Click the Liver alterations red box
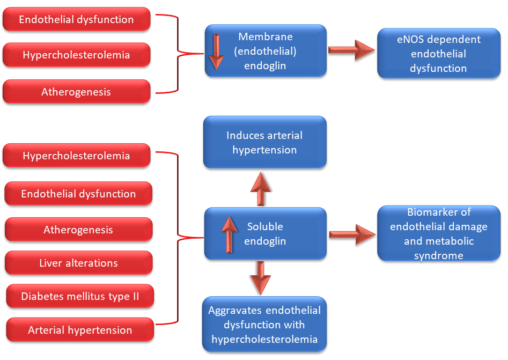[79, 263]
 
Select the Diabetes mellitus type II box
[80, 296]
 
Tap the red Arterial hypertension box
[80, 330]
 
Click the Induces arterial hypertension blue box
[265, 142]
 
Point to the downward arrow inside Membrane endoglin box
[216, 52]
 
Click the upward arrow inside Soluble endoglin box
[230, 234]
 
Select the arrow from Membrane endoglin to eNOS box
[351, 50]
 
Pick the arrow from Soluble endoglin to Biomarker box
[352, 234]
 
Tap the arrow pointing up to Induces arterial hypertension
[261, 189]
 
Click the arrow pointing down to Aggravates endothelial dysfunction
[261, 278]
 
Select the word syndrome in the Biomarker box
[439, 256]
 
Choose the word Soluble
[265, 226]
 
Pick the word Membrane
[266, 36]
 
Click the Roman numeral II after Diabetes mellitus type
[136, 296]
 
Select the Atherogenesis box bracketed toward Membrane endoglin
[77, 92]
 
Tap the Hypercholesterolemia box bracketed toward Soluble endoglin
[77, 156]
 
